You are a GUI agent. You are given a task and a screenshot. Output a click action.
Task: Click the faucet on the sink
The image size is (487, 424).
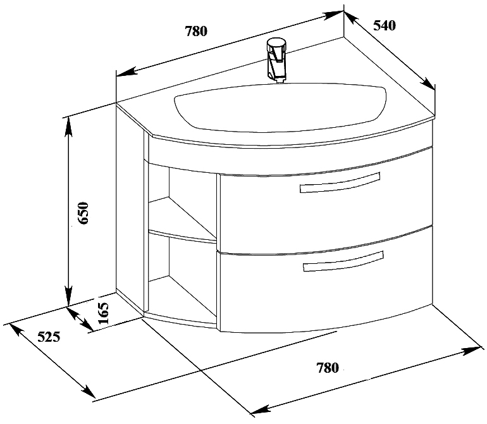click(276, 60)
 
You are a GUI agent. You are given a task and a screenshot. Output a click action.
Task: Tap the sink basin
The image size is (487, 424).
click(280, 106)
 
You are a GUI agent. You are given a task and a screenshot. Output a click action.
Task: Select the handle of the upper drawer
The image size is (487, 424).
click(340, 183)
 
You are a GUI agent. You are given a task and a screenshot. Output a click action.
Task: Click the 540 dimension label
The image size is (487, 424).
click(384, 25)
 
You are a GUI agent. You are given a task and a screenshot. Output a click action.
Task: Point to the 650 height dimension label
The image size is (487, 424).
click(83, 213)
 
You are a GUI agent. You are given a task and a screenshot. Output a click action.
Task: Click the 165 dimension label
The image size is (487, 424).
click(104, 313)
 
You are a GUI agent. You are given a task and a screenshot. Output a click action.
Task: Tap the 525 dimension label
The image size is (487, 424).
click(49, 337)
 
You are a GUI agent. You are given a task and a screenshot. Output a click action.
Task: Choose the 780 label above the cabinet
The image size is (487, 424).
click(196, 31)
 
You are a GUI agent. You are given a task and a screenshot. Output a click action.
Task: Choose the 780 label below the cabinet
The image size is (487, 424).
click(328, 368)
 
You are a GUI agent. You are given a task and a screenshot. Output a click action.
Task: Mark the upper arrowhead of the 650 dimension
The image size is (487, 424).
click(69, 127)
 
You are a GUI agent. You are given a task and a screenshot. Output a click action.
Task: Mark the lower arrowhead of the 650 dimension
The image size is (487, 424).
click(69, 297)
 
